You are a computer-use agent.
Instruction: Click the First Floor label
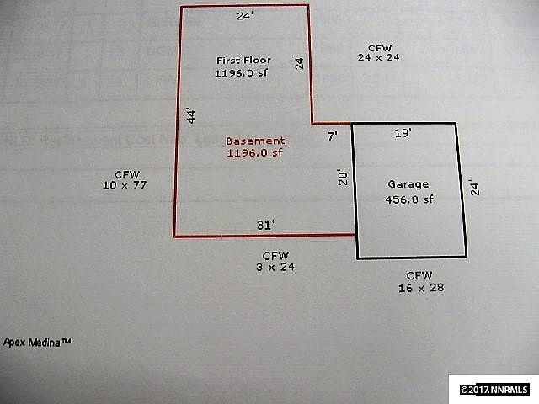point(238,61)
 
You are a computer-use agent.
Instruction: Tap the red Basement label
point(255,141)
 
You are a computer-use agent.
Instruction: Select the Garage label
point(408,184)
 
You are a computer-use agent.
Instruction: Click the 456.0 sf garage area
point(408,199)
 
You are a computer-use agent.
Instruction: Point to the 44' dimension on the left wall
point(191,117)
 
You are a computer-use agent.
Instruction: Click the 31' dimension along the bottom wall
point(265,225)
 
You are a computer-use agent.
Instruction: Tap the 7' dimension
point(332,135)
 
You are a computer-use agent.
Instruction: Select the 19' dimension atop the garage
point(403,133)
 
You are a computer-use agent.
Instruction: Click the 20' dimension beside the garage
point(342,177)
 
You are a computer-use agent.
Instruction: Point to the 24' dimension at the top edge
point(243,15)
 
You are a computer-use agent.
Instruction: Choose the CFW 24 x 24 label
point(377,52)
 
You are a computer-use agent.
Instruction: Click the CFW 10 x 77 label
point(125,178)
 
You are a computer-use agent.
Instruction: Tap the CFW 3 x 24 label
point(275,261)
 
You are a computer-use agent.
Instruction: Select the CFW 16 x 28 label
point(419,281)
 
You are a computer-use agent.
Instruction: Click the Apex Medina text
point(36,343)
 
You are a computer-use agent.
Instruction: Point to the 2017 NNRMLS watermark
point(495,390)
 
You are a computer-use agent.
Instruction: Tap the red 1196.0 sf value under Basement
point(255,153)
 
